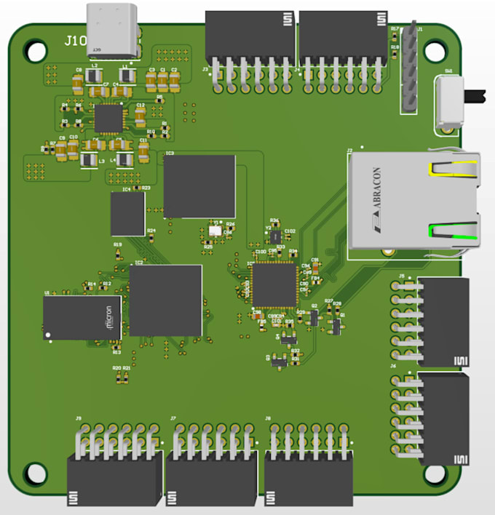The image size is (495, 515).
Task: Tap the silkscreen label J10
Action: [x=74, y=41]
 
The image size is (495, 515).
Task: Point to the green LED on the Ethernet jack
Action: [x=452, y=232]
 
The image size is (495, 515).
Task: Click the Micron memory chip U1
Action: [x=82, y=318]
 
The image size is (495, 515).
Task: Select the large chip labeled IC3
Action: [x=199, y=186]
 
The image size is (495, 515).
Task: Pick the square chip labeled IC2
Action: [x=165, y=300]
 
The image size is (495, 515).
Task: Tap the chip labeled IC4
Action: [x=127, y=213]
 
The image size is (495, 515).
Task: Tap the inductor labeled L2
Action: [x=93, y=77]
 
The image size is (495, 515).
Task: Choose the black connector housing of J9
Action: [x=114, y=479]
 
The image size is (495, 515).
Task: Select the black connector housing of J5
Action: [x=443, y=322]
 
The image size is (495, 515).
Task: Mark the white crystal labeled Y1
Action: [x=215, y=231]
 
